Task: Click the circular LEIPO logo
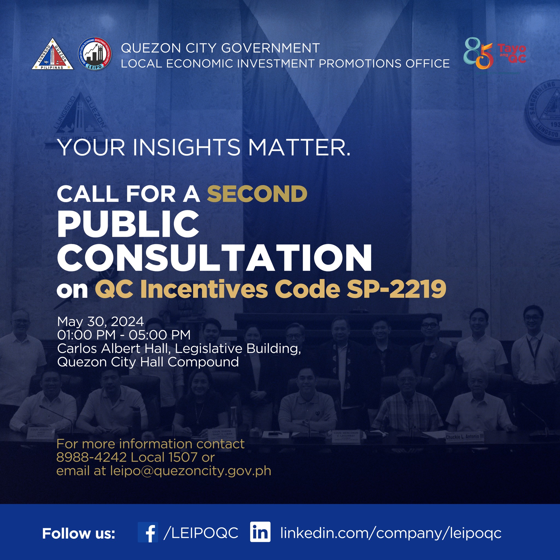point(95,54)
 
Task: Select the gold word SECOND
point(257,194)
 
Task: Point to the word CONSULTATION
point(214,258)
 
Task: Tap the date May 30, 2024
point(100,322)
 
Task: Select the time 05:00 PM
point(159,335)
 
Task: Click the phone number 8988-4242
point(91,457)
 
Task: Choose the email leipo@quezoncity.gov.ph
point(190,471)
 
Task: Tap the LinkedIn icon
point(260,532)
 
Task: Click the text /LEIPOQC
point(201,532)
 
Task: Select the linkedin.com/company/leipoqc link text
point(391,533)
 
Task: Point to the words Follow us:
point(78,533)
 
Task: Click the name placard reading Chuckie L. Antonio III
point(464,436)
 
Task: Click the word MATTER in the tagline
point(299,147)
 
